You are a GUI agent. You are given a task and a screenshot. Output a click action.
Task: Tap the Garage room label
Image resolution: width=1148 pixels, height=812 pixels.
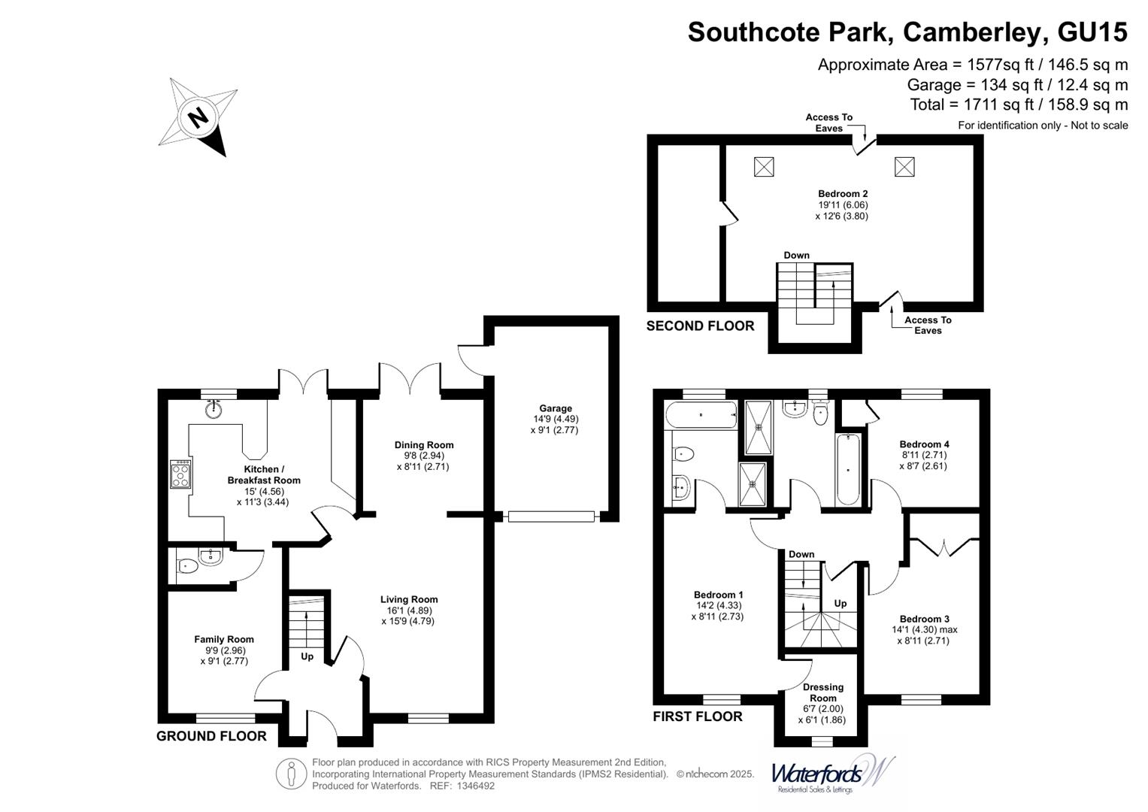point(555,409)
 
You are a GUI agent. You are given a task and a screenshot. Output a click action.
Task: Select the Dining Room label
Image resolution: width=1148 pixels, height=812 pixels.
point(424,445)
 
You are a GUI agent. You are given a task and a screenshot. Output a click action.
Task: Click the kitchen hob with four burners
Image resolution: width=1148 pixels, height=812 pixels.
point(181,474)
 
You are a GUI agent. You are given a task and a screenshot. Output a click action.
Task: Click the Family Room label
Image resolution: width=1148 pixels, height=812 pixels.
point(224,640)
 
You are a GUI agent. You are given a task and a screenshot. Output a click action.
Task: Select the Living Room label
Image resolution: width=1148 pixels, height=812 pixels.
point(408,600)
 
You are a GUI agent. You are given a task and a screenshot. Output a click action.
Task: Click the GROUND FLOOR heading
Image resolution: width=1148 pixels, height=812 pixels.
point(211,736)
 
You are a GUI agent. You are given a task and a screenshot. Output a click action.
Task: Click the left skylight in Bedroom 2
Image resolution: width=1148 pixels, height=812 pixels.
point(763,167)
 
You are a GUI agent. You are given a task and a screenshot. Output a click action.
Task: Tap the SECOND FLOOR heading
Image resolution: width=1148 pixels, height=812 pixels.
point(700,326)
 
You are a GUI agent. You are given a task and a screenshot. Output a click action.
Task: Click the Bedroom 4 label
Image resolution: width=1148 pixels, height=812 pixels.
point(924,444)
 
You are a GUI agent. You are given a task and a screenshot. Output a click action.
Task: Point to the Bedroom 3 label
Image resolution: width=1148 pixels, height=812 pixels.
point(924,619)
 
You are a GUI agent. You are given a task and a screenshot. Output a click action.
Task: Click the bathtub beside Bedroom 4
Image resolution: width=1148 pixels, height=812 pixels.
point(849,469)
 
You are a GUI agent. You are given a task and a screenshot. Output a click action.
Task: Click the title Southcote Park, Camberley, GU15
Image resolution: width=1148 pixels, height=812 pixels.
point(907,32)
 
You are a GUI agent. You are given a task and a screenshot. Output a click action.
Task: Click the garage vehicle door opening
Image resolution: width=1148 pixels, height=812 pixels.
point(551,517)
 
